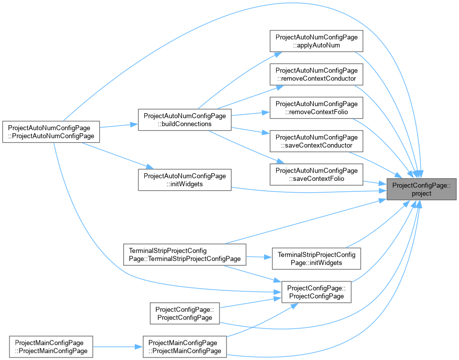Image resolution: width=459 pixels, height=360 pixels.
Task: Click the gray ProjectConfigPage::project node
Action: (421, 189)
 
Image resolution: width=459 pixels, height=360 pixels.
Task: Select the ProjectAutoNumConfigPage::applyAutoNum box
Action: (316, 41)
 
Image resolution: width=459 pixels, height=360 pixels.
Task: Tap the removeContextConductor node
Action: (316, 75)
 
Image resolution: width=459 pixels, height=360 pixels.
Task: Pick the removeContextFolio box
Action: (316, 108)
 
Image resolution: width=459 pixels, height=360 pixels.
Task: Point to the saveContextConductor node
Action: (316, 141)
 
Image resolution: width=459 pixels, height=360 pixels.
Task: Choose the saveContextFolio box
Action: (316, 175)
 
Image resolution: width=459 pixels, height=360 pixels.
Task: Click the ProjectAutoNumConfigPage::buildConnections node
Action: (185, 120)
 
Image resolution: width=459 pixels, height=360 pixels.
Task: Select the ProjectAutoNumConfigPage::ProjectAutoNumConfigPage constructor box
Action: (51, 132)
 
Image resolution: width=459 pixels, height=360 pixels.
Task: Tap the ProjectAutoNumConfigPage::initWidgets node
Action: (185, 180)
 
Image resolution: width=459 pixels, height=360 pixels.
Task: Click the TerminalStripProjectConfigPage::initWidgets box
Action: (316, 258)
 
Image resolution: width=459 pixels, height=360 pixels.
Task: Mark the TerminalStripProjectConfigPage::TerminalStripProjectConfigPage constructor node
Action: (185, 255)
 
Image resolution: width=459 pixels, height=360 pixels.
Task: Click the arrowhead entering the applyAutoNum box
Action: (278, 55)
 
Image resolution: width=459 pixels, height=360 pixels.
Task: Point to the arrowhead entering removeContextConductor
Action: (280, 87)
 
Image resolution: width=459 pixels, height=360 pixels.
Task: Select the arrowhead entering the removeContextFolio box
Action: (266, 112)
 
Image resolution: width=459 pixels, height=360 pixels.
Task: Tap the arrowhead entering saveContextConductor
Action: (266, 133)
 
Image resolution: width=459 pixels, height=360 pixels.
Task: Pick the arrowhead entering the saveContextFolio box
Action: (281, 161)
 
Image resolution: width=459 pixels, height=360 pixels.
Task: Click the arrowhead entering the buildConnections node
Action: (134, 124)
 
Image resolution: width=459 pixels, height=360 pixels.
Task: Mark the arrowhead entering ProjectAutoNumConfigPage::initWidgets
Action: (150, 167)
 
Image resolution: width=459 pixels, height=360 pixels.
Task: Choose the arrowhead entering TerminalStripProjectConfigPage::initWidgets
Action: (268, 257)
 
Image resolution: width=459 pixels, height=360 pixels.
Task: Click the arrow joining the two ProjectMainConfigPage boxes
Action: (118, 347)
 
